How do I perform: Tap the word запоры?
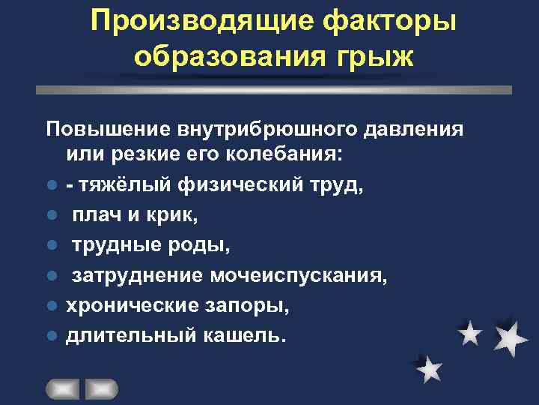point(251,305)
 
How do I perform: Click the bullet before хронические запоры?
point(50,306)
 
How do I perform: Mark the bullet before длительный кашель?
point(50,335)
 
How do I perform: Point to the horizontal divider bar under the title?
point(274,89)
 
